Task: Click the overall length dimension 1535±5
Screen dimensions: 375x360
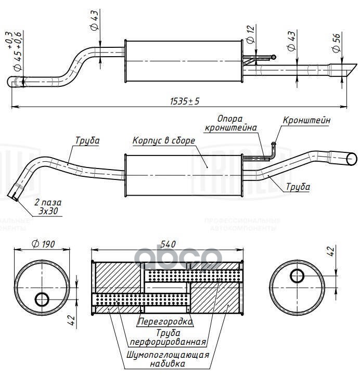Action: click(185, 102)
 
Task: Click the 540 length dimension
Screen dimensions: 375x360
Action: click(168, 243)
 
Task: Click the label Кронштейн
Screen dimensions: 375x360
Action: click(306, 120)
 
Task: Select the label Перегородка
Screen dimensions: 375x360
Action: click(165, 322)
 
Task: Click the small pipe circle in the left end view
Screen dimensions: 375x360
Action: click(42, 299)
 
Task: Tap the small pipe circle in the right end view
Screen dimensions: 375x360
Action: click(298, 276)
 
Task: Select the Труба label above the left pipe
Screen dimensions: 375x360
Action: click(87, 140)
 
